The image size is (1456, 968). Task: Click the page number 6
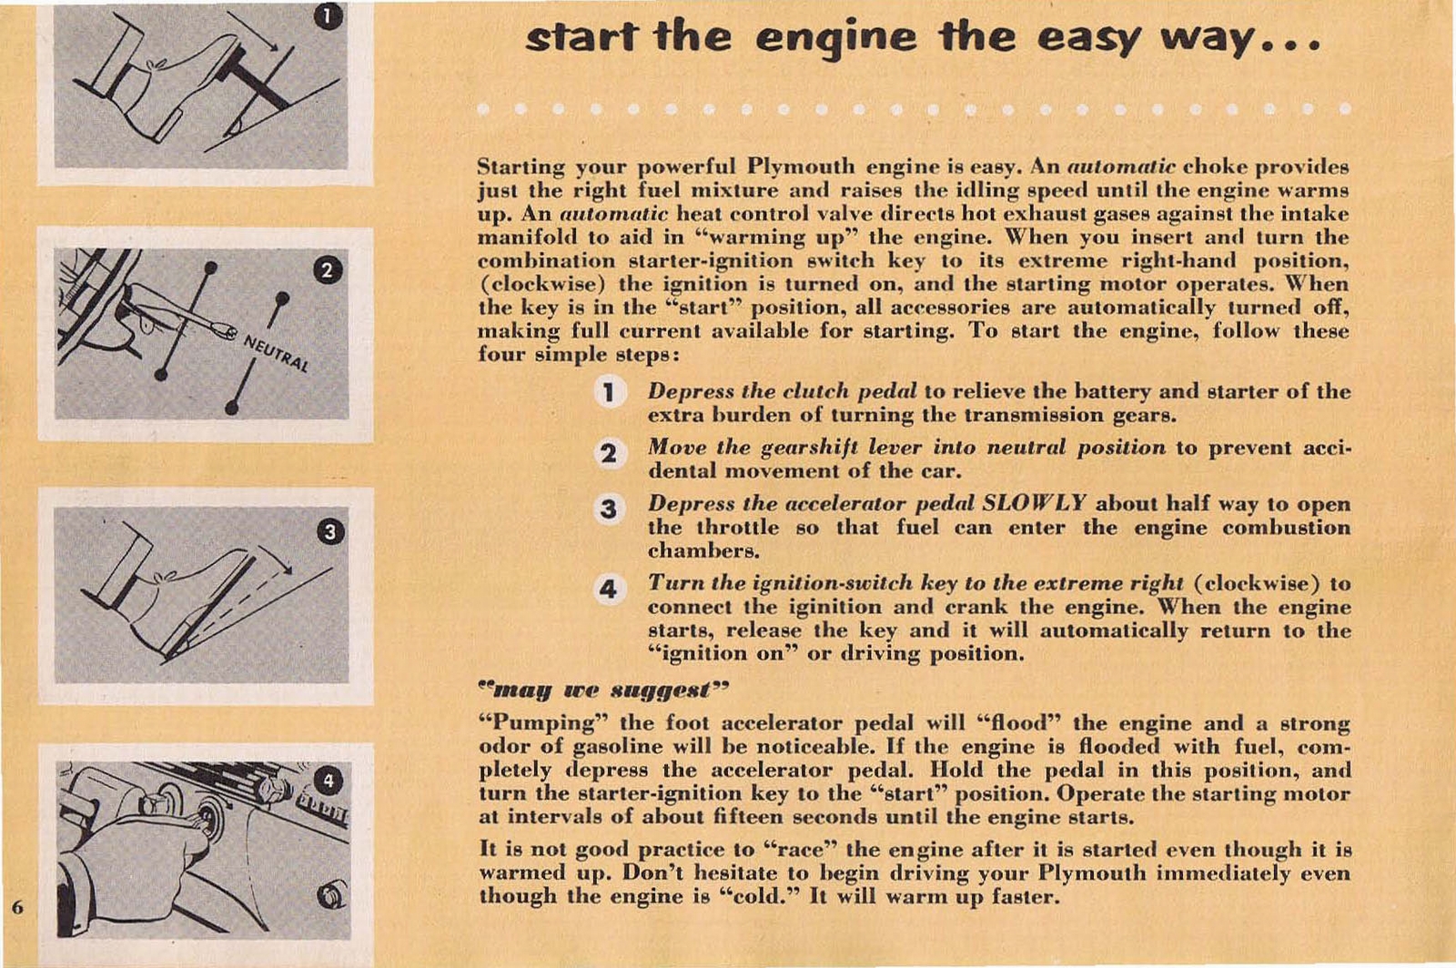pyautogui.click(x=16, y=906)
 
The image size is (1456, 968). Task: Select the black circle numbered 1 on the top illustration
pyautogui.click(x=329, y=16)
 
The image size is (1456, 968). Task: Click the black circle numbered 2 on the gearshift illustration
pyautogui.click(x=328, y=270)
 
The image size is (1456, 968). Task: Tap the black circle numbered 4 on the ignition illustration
pyautogui.click(x=329, y=781)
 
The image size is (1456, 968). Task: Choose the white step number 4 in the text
pyautogui.click(x=609, y=590)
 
